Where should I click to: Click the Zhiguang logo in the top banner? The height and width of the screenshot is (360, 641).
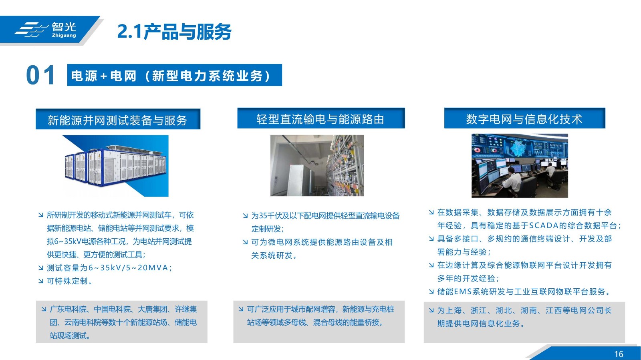(46, 30)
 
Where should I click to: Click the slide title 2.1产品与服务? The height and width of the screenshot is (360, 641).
(174, 32)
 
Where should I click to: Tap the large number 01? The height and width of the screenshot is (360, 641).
(40, 75)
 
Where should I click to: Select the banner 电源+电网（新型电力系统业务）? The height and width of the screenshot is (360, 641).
(175, 75)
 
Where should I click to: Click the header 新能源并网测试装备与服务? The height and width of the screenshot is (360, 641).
(118, 119)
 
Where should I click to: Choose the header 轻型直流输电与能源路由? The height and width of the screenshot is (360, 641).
(321, 119)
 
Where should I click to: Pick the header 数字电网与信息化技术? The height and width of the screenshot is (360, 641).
(524, 119)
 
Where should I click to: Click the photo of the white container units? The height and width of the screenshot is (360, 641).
(116, 166)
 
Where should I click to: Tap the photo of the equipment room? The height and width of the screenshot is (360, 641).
(317, 165)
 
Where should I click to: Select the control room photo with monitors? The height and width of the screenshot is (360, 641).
(520, 166)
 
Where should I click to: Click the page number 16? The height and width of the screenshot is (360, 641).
(619, 354)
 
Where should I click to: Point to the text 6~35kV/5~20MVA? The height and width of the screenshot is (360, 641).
(129, 268)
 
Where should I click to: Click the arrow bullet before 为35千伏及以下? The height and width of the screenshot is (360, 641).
(245, 215)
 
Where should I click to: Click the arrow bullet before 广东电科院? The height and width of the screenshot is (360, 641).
(44, 309)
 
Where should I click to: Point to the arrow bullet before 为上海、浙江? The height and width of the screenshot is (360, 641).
(431, 310)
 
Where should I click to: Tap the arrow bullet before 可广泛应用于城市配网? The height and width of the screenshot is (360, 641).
(241, 309)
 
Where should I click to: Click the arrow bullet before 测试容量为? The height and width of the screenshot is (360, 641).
(40, 268)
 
